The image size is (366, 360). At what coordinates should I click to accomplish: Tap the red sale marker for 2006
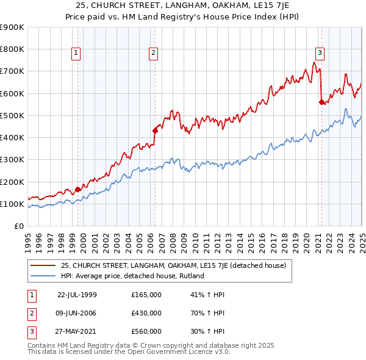pos(155,130)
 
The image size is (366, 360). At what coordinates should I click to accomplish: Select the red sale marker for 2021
pos(321,103)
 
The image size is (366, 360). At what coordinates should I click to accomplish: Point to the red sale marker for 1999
pos(78,190)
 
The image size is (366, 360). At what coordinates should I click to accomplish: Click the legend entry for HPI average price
pos(132,276)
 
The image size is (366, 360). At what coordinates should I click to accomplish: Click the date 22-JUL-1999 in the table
pos(77,295)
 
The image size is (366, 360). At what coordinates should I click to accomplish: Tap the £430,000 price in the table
pos(146,313)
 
